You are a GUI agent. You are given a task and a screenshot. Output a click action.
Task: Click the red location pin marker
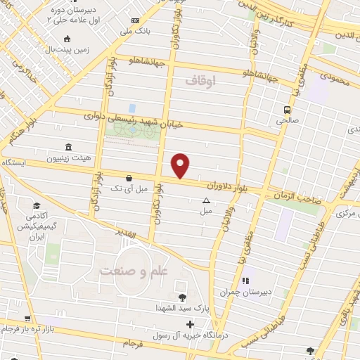(x=181, y=165)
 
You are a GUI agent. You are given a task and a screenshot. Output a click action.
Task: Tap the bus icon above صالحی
(x=287, y=110)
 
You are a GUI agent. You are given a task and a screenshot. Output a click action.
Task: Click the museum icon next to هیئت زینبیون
(x=67, y=147)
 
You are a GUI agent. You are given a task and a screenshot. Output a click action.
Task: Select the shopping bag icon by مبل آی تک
(x=129, y=179)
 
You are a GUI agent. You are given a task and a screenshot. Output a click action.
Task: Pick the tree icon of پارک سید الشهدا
(x=183, y=297)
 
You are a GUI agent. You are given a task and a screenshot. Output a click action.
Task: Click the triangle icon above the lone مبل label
(x=206, y=200)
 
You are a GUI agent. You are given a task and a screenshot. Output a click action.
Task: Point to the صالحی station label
(x=287, y=121)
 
